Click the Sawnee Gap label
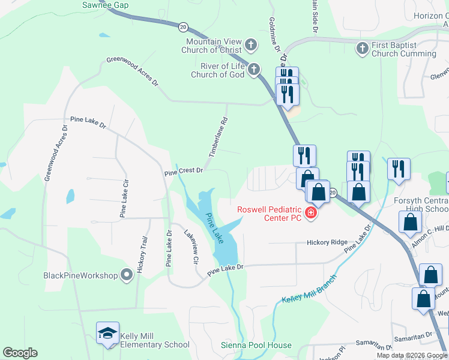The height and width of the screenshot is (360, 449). coord(106,5)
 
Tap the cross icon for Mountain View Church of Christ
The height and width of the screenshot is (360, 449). coord(251,45)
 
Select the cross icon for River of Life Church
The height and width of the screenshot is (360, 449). coord(254,70)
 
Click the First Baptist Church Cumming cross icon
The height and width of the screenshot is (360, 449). coord(362,47)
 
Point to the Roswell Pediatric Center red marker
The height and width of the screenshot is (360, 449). coord(310,213)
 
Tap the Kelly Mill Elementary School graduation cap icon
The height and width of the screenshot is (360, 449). coord(107,334)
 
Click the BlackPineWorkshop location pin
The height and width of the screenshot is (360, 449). coord(126,275)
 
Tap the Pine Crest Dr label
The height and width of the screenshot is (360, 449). coord(184,171)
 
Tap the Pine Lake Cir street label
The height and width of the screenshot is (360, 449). coord(124,198)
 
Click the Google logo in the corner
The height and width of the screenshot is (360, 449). coord(20,353)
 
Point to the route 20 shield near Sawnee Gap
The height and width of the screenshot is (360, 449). coord(183,26)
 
